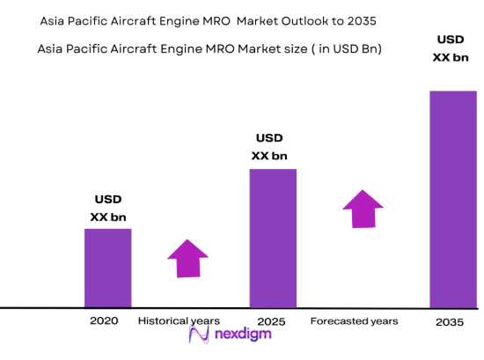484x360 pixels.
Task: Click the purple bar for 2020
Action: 107,268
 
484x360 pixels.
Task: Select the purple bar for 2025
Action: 273,238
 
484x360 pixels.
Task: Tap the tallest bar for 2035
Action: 453,199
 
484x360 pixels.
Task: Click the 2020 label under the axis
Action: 103,321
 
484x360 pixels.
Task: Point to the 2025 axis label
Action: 272,321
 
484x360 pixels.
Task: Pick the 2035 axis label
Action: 451,322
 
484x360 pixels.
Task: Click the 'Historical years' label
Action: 179,321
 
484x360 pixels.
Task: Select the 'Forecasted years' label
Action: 354,321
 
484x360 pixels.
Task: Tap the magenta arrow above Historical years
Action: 187,258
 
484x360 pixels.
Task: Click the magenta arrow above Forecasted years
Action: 363,208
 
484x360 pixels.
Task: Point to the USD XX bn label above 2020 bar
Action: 107,208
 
